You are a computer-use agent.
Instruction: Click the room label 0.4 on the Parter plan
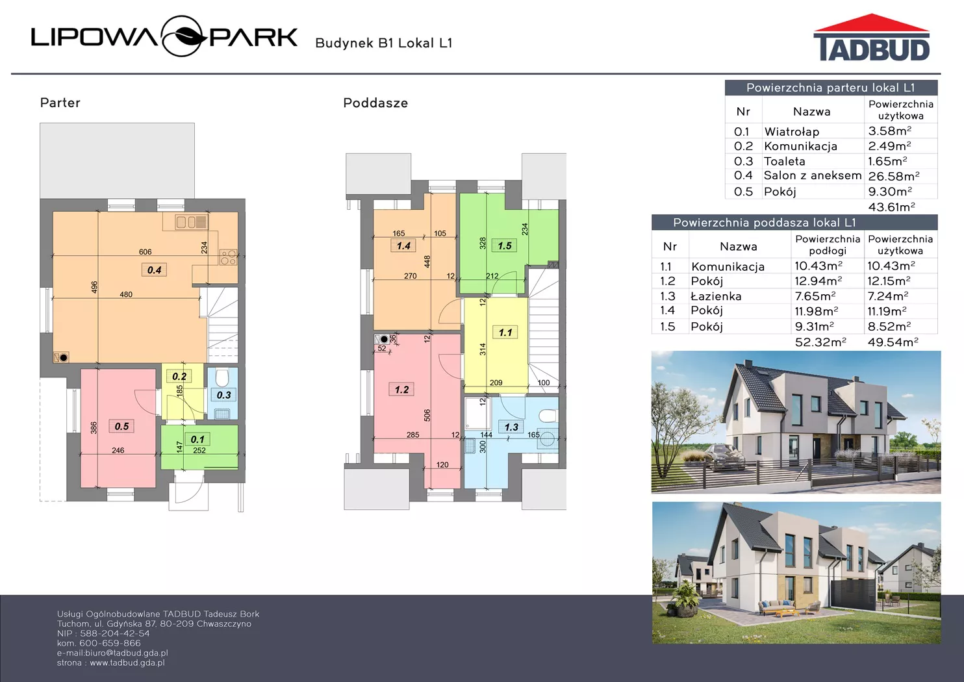154,270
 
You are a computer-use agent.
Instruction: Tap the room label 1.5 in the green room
504,246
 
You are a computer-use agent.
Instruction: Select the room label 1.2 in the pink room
401,390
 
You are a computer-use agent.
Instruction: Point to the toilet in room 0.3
222,378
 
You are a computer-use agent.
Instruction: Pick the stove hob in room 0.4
228,257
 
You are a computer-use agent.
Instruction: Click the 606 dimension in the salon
145,252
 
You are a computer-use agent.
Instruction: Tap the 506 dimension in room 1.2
427,415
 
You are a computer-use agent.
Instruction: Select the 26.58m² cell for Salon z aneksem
894,176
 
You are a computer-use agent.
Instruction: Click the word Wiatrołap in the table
791,132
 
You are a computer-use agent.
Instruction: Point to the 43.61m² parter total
891,207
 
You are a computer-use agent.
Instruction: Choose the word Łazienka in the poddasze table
716,296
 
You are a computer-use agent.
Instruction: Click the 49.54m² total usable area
893,342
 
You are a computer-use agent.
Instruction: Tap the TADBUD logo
872,38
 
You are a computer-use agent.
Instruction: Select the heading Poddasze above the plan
375,103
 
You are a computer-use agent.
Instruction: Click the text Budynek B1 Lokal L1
384,43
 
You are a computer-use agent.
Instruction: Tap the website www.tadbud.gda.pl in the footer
127,663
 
